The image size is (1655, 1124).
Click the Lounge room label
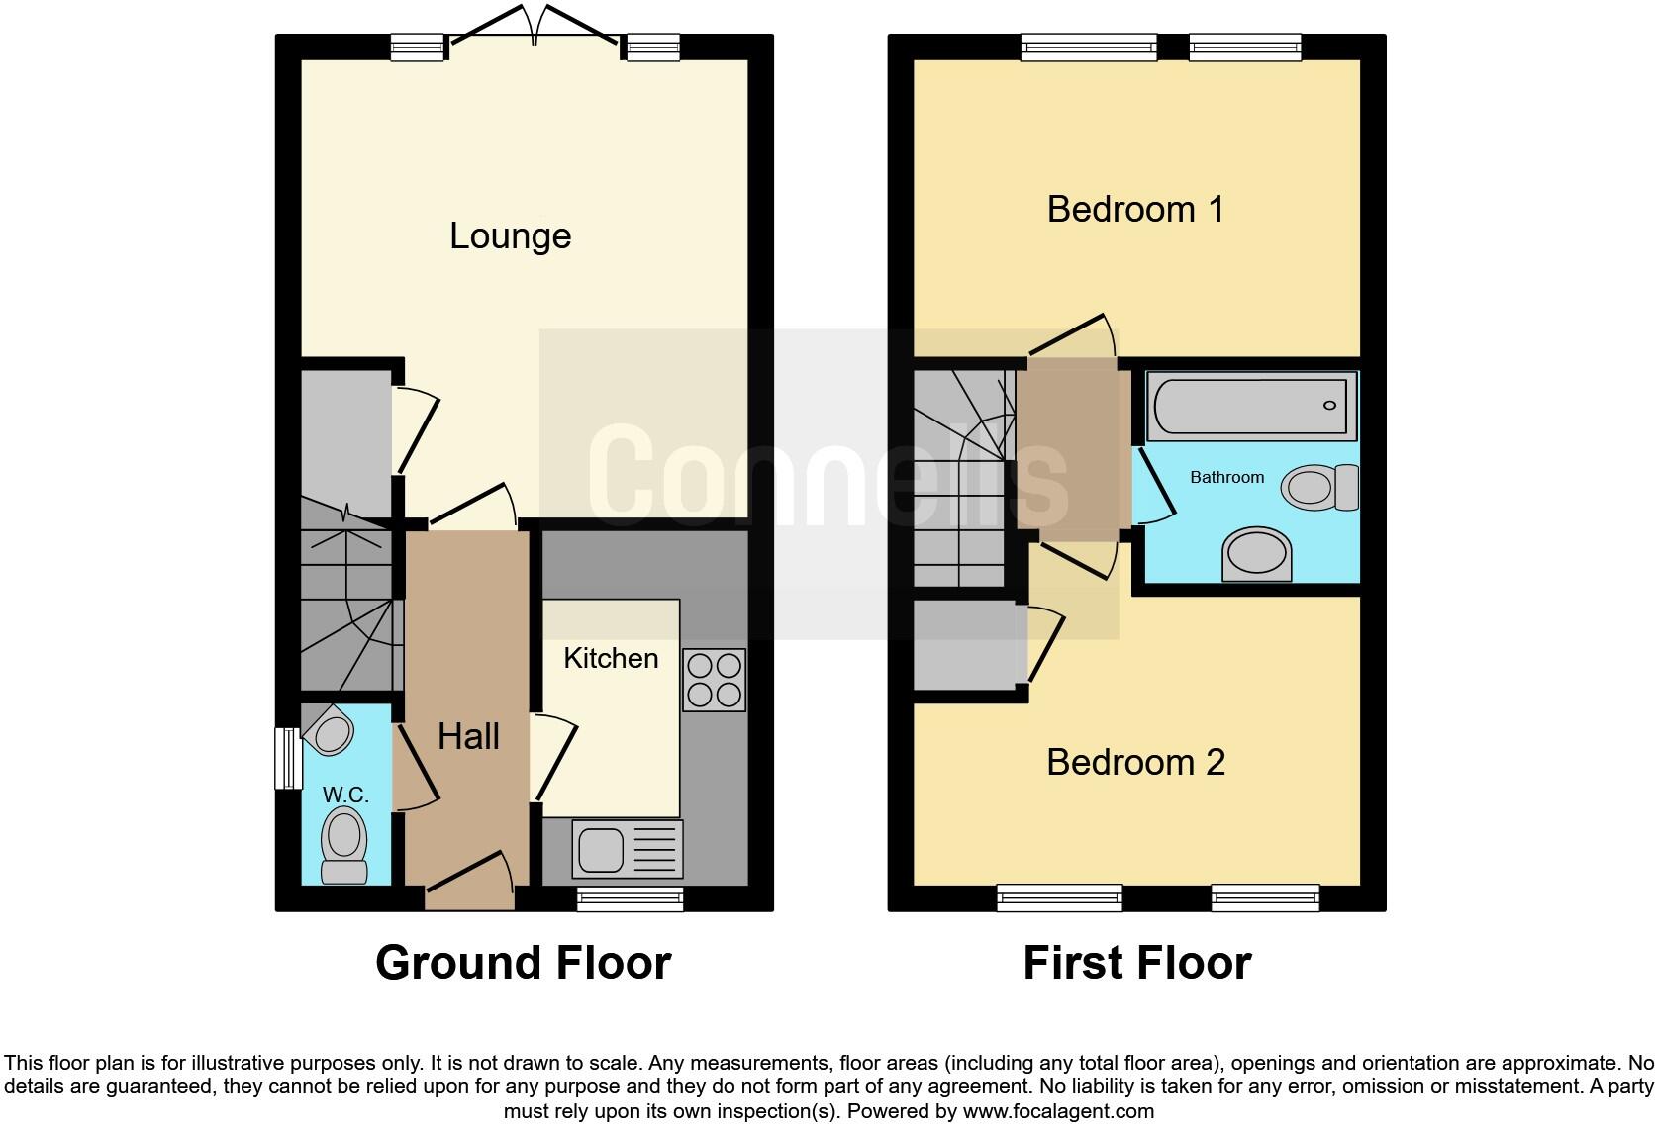point(510,235)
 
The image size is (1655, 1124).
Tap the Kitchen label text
point(611,658)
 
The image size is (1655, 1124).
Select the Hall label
point(468,736)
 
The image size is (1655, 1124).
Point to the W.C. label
point(345,796)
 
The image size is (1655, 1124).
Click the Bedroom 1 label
point(1135,209)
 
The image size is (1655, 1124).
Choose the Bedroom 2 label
point(1135,762)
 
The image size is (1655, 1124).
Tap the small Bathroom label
point(1226,477)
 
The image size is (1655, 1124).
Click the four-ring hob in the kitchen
point(713,680)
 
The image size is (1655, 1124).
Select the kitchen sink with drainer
point(628,849)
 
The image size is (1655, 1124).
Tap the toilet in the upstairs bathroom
point(1319,487)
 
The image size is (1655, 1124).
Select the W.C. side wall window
point(287,758)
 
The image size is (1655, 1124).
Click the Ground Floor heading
point(523,962)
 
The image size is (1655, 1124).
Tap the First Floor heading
point(1136,962)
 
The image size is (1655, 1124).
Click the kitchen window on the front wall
point(630,898)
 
